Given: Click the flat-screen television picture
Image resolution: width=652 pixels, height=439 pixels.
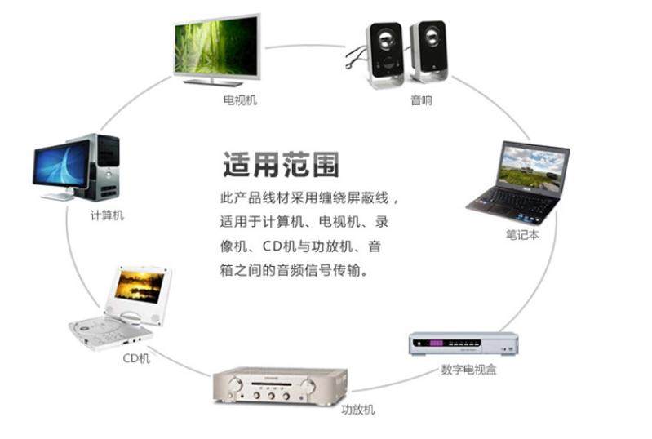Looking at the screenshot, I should tap(218, 47).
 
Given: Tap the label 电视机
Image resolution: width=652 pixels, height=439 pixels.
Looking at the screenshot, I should tap(240, 100).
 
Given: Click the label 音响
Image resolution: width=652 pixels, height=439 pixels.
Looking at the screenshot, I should tap(421, 100).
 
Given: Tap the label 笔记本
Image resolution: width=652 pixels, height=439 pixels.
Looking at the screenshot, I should tap(522, 234).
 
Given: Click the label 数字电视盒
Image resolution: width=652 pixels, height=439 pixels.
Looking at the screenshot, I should tap(468, 370).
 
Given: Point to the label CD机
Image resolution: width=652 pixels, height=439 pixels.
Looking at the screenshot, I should tap(136, 357).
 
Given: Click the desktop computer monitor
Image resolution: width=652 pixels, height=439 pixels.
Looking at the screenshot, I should tap(60, 165).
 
